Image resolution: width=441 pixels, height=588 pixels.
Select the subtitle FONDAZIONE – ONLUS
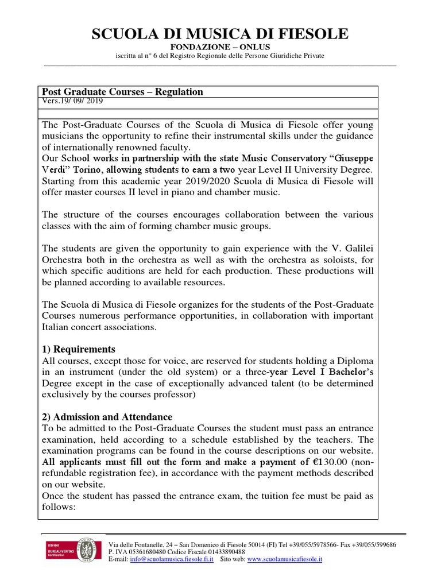point(220,47)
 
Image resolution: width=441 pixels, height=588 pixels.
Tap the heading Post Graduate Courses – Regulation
point(121,92)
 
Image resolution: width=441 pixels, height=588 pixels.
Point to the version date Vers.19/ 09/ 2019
point(73,100)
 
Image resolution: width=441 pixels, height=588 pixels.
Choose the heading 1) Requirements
point(79,349)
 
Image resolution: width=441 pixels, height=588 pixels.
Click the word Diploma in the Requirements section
point(350,361)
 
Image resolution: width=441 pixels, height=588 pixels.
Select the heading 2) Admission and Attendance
point(107,417)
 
